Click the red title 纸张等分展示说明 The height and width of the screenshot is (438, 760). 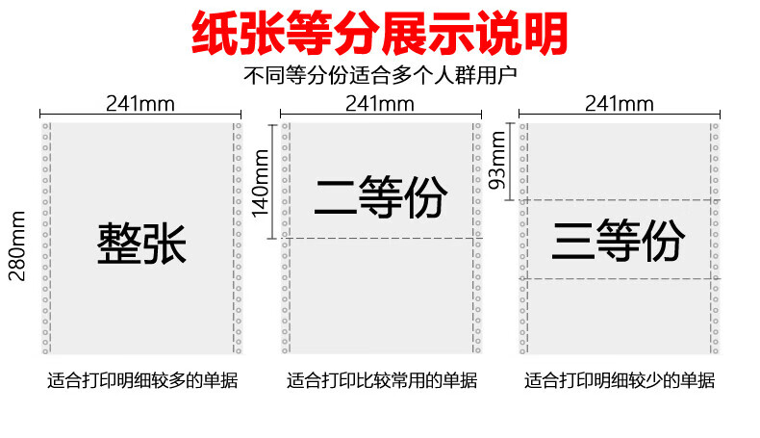[379, 34]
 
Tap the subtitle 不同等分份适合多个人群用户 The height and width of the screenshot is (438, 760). [380, 75]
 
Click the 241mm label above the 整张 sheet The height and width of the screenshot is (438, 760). [140, 104]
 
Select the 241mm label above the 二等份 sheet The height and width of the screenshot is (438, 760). [379, 104]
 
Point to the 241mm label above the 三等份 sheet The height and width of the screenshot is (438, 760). [619, 104]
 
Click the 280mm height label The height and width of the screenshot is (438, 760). [17, 245]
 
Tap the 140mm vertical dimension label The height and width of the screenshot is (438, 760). [260, 183]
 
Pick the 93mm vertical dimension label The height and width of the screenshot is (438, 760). [497, 161]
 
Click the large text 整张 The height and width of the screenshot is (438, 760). [141, 244]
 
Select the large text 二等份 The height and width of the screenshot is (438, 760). [381, 197]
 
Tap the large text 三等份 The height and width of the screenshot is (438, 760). [619, 241]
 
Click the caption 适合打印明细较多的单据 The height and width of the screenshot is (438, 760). [142, 380]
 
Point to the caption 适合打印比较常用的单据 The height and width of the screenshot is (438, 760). [382, 380]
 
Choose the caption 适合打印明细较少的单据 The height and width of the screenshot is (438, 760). [620, 380]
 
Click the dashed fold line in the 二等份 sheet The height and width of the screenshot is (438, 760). [382, 238]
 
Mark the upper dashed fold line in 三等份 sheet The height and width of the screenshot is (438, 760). [620, 200]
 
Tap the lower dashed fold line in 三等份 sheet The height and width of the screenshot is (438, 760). [620, 278]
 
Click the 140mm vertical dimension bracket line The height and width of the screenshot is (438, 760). [272, 181]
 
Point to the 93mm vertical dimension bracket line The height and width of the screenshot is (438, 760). [509, 162]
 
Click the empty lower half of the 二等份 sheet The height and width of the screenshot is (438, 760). [382, 296]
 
